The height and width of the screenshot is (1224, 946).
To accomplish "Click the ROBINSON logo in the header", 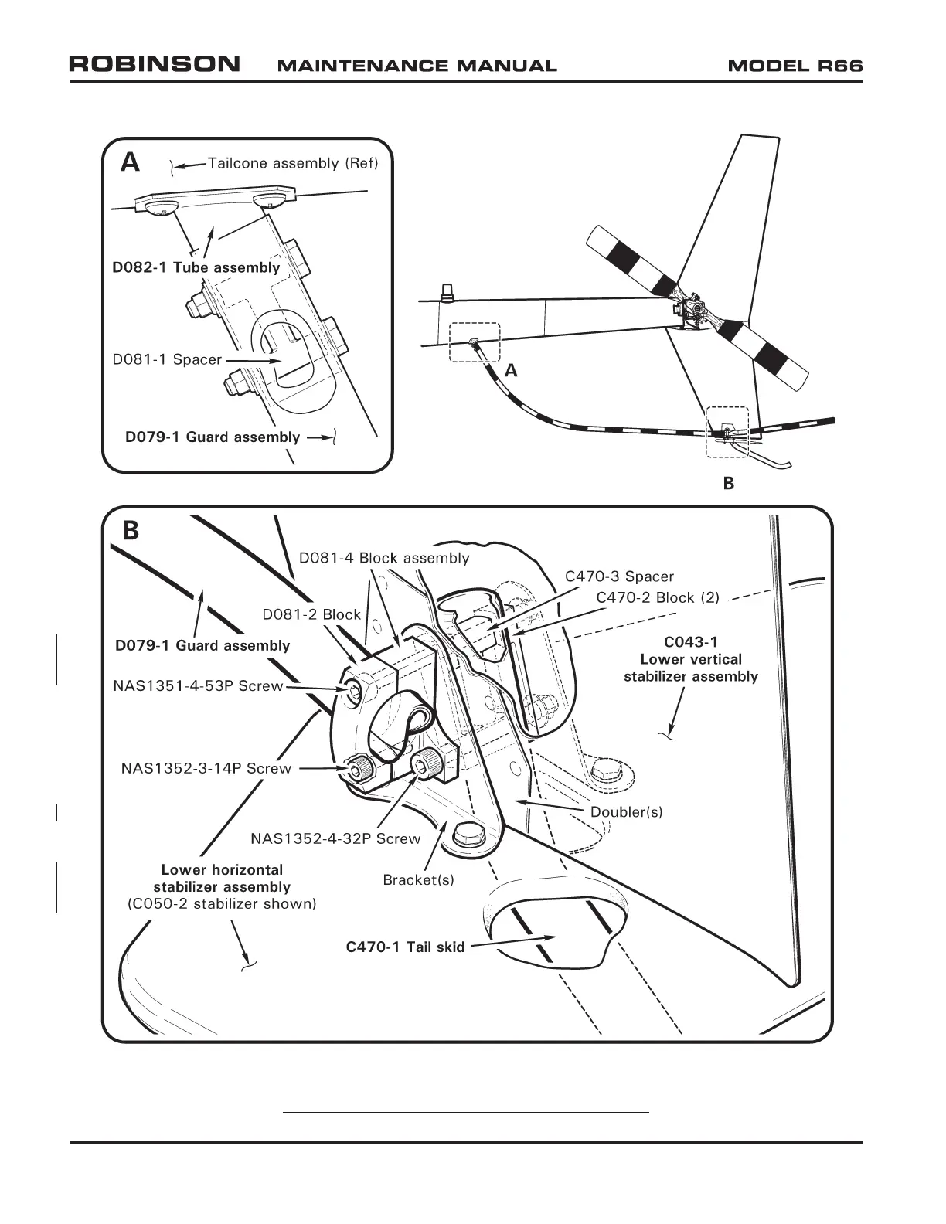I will pyautogui.click(x=155, y=64).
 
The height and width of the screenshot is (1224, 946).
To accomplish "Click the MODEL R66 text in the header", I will pyautogui.click(x=795, y=66).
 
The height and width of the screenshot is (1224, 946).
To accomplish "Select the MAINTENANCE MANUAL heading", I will pyautogui.click(x=417, y=66).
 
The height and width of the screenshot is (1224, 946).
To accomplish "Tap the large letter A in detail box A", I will pyautogui.click(x=131, y=162).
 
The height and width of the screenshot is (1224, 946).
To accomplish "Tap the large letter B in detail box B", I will pyautogui.click(x=131, y=531).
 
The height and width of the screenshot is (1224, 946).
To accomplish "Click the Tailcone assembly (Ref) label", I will pyautogui.click(x=293, y=163).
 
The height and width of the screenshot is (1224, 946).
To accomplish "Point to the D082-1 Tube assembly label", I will pyautogui.click(x=196, y=267).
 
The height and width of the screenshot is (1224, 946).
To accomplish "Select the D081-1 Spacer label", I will pyautogui.click(x=167, y=359).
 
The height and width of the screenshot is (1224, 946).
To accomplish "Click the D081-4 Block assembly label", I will pyautogui.click(x=384, y=558).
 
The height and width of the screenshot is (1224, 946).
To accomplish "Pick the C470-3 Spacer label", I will pyautogui.click(x=619, y=576).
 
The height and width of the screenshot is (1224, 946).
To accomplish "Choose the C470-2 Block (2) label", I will pyautogui.click(x=658, y=597).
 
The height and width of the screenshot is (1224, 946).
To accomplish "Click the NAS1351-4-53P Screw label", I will pyautogui.click(x=198, y=685).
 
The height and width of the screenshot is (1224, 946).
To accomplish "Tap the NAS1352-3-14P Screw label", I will pyautogui.click(x=206, y=768).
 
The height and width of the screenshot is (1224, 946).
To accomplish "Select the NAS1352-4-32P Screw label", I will pyautogui.click(x=335, y=838).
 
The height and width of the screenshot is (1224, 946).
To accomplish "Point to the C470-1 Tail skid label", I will pyautogui.click(x=405, y=947).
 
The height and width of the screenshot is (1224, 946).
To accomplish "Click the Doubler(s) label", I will pyautogui.click(x=626, y=812).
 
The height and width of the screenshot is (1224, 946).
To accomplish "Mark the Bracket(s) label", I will pyautogui.click(x=418, y=879).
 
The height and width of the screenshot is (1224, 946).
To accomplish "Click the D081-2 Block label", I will pyautogui.click(x=311, y=614).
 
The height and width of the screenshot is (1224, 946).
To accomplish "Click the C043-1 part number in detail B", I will pyautogui.click(x=691, y=642).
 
